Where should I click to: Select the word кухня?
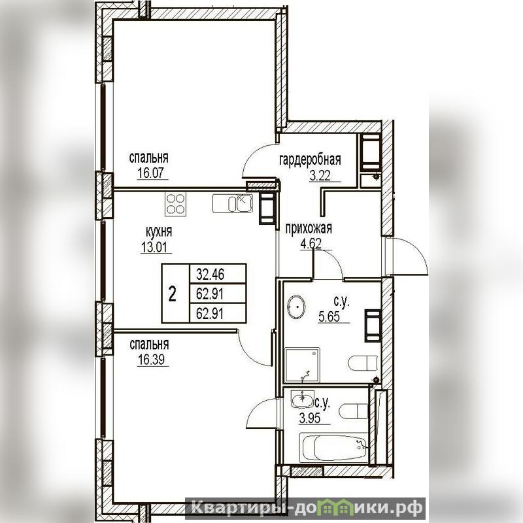[x=159, y=232]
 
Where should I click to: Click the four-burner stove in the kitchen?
[x=175, y=203]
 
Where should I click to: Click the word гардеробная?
[x=310, y=160]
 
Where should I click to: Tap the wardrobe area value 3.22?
[x=320, y=175]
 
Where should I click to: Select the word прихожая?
[x=309, y=229]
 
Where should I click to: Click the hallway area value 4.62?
[x=311, y=244]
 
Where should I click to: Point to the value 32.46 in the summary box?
[x=210, y=274]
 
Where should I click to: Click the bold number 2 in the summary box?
[x=172, y=294]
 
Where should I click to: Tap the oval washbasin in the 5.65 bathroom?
[x=296, y=307]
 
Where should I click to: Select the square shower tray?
[x=302, y=365]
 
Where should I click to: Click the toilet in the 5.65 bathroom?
[x=363, y=363]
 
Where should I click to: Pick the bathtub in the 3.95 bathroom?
[x=333, y=447]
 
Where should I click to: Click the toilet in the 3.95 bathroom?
[x=354, y=411]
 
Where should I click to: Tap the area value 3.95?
[x=309, y=418]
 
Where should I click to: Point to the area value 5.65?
[x=329, y=317]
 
